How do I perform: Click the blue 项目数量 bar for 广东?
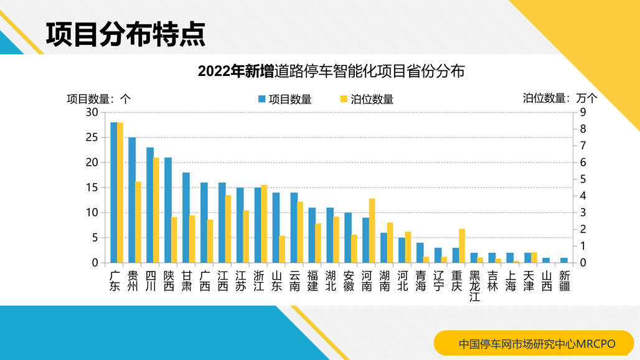(x=114, y=192)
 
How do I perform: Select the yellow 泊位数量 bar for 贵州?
(x=138, y=222)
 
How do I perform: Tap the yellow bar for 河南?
(x=372, y=230)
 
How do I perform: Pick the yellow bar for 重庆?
(x=462, y=245)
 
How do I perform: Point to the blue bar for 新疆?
(x=564, y=260)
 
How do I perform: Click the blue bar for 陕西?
(x=168, y=210)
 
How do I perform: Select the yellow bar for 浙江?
(x=264, y=224)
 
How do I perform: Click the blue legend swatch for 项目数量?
(x=262, y=99)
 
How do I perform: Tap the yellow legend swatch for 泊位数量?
(x=344, y=99)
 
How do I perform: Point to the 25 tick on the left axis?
(x=92, y=137)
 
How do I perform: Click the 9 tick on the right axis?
(x=583, y=112)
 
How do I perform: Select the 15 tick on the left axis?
(x=92, y=187)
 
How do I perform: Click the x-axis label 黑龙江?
(x=474, y=286)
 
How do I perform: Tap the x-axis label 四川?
(x=150, y=281)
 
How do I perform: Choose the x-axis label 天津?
(x=529, y=281)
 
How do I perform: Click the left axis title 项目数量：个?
(x=99, y=98)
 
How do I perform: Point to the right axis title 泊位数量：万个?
(x=560, y=98)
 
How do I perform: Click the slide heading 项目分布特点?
(x=125, y=35)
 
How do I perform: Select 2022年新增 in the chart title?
(x=235, y=72)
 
